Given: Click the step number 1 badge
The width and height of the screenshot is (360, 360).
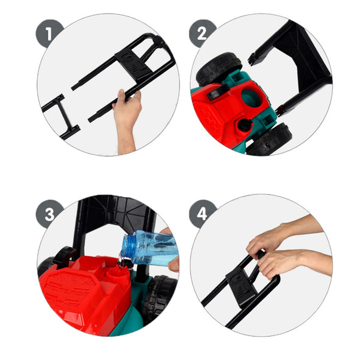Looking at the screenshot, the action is (49, 34).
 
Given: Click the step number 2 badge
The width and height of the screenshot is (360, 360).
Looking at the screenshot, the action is (202, 34).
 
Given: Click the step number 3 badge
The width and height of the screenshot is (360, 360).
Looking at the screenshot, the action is (49, 214).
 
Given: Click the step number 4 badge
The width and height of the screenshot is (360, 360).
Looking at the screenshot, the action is (202, 214).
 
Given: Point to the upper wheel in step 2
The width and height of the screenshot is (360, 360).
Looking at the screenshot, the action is (218, 68).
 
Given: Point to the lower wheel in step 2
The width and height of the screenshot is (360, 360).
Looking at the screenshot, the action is (269, 140).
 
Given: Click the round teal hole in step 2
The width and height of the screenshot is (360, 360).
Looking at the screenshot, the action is (251, 98).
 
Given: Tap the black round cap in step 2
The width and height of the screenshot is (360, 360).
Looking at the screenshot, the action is (245, 124).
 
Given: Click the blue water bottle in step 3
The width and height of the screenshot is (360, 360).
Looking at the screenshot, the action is (149, 248).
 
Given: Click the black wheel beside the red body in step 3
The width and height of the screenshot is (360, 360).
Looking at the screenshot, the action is (159, 298).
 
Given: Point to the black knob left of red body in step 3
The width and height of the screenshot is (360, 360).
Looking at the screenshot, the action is (64, 256).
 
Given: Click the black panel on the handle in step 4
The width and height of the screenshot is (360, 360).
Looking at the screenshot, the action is (241, 287).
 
